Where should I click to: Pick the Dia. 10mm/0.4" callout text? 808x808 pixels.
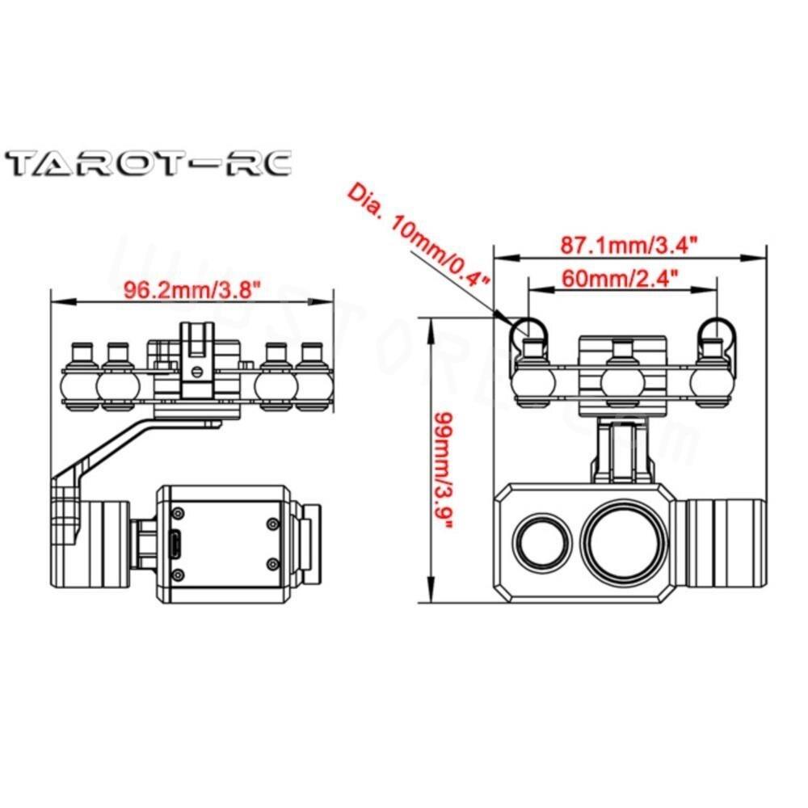420,234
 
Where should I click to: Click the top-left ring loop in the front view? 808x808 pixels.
529,328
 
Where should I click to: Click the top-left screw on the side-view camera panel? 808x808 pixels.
176,512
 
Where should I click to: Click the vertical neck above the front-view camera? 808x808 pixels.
622,451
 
